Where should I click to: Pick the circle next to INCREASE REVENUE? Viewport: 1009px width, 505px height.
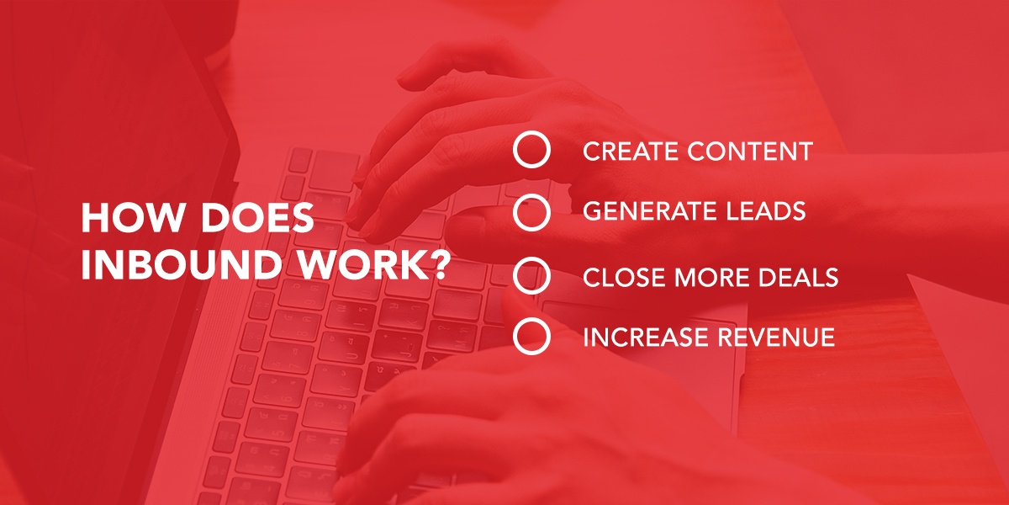point(531,320)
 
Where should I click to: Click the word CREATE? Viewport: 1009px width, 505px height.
point(631,151)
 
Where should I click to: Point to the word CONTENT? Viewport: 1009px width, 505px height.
point(750,151)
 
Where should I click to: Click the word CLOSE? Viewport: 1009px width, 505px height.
point(624,277)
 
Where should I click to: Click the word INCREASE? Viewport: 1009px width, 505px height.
point(646,338)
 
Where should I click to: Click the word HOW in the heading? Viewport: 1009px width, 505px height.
point(131,218)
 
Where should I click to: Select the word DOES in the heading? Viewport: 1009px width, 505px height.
point(256,218)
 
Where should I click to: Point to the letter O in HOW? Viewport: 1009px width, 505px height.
point(129,218)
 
